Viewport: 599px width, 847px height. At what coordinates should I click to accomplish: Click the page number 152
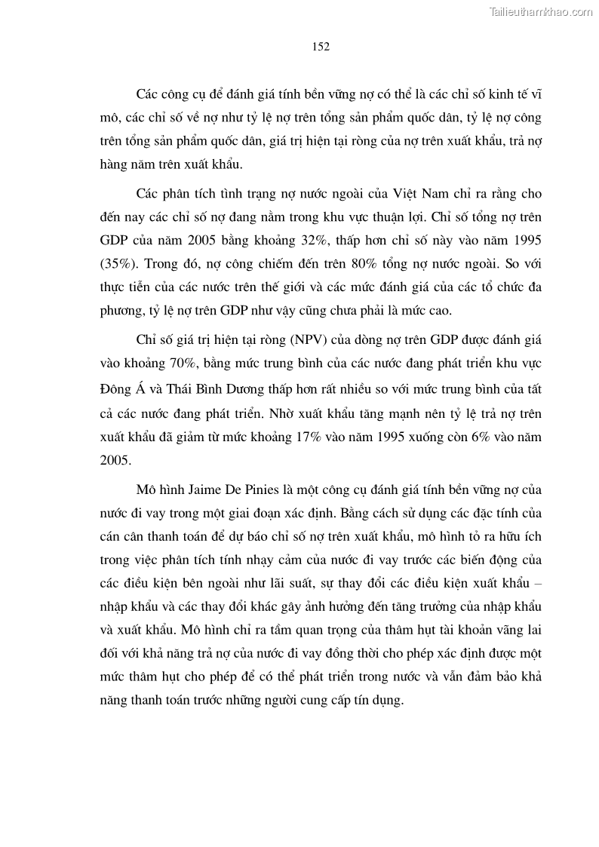321,47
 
